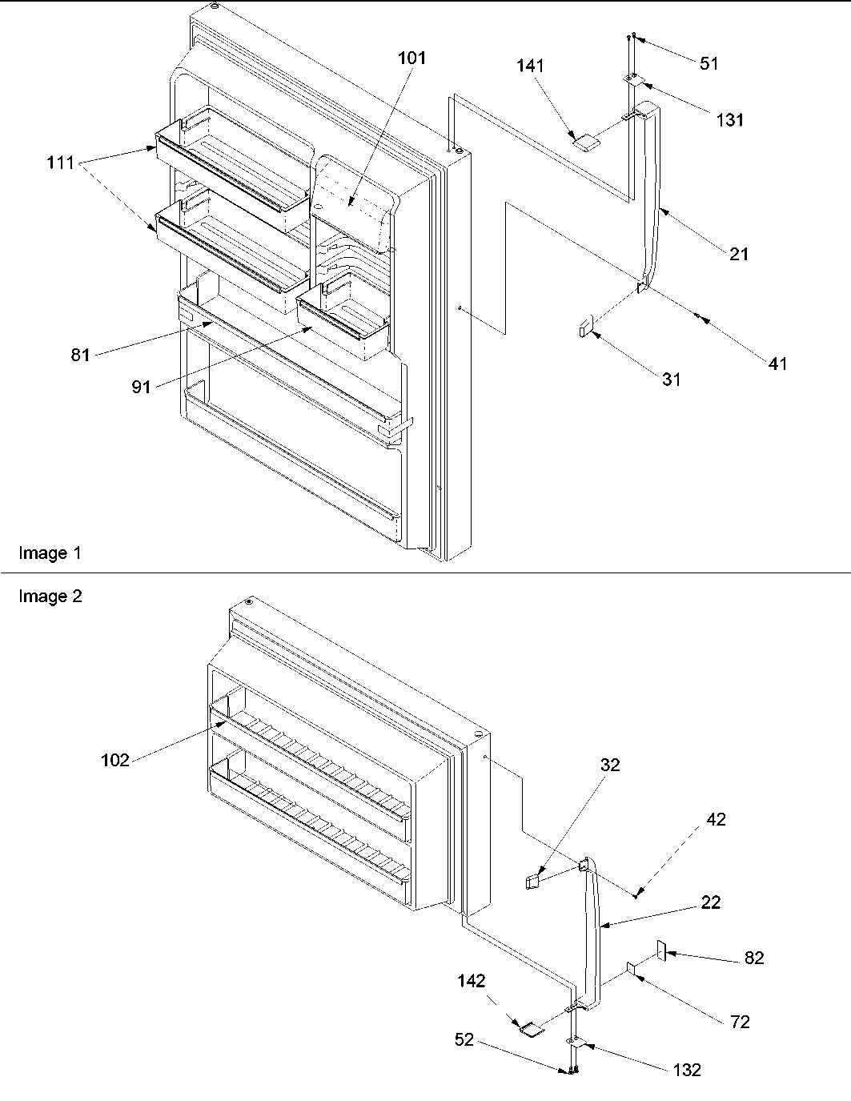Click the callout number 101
pos(411,58)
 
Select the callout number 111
pos(59,163)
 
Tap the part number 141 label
pos(529,66)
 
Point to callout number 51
pos(708,64)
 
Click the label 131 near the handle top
pos(729,120)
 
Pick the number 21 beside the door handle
pos(738,254)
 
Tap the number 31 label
pos(671,379)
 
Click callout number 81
pos(79,354)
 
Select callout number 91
pos(141,388)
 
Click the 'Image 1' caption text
pos(50,553)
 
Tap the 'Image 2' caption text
pos(50,597)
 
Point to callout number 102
pos(114,761)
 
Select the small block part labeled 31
pos(585,327)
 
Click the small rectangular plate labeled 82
pos(662,951)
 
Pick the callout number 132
pos(687,1070)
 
